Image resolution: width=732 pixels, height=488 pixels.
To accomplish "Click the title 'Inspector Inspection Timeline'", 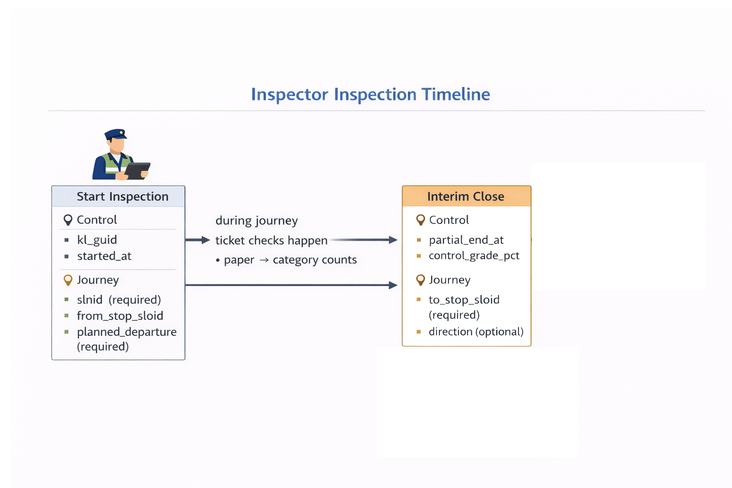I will pos(370,94).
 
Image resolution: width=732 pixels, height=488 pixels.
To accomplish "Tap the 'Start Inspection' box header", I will pos(122,196).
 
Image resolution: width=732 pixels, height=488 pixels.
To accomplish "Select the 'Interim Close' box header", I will pos(466,196).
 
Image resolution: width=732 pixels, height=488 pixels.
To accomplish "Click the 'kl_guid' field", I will pos(97,240).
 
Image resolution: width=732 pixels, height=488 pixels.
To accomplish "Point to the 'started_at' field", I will pos(104,256).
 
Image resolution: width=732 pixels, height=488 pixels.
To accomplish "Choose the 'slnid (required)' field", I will pos(119,300).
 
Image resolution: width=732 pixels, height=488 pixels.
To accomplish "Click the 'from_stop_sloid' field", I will pos(120,316).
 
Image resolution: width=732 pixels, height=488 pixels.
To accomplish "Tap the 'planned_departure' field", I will pos(126,332).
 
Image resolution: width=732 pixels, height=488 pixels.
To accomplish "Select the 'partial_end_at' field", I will pos(466,240).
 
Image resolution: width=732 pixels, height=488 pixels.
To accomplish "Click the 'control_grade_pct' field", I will pos(474,256).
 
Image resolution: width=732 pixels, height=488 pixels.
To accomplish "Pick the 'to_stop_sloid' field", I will pos(464,300).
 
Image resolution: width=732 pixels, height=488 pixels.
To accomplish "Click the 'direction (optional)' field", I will pos(476,332).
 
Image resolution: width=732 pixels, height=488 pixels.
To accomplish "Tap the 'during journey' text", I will pos(256,221).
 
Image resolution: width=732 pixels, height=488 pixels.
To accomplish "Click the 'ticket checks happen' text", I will pos(271,241).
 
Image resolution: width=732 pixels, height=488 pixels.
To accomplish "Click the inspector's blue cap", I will pos(116,134).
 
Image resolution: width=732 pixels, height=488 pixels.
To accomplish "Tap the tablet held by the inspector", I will pos(137,170).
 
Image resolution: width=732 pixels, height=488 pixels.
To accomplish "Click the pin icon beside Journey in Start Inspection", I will pos(68,280).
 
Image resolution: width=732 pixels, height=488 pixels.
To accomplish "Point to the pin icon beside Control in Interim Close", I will pos(420,220).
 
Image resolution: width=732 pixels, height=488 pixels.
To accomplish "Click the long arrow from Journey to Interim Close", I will pos(291,285).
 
